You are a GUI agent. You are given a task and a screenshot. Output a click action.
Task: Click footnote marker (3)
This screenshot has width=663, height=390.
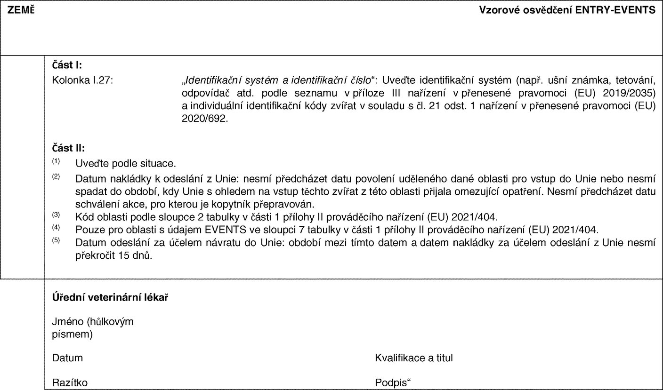click(x=56, y=215)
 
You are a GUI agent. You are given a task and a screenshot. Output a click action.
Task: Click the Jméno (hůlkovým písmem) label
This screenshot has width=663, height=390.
click(x=92, y=328)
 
